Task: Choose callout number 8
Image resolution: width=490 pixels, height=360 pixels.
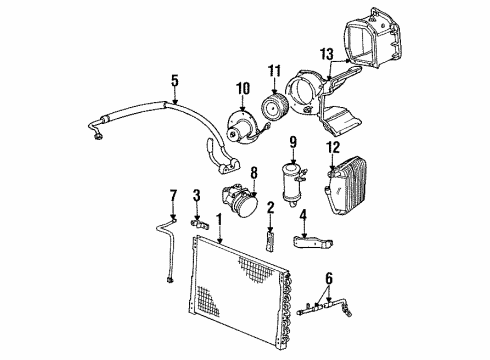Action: point(253,172)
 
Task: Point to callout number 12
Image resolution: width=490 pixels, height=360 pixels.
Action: point(333,146)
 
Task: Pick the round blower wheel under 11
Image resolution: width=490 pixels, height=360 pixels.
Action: point(274,106)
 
